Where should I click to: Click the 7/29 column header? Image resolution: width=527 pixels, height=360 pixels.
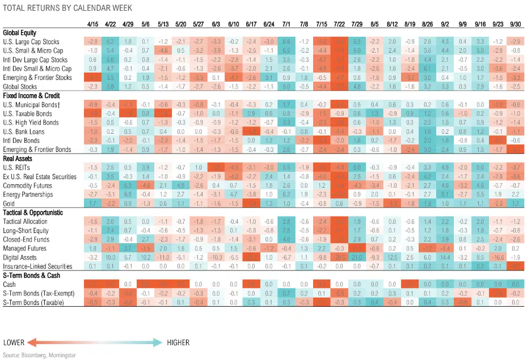pyautogui.click(x=357, y=24)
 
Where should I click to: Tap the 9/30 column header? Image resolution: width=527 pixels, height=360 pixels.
pyautogui.click(x=515, y=24)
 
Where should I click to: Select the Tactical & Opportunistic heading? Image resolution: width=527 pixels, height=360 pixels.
pyautogui.click(x=32, y=213)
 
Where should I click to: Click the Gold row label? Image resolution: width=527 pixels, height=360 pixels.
pyautogui.click(x=9, y=203)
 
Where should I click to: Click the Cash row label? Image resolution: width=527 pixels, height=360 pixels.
pyautogui.click(x=9, y=285)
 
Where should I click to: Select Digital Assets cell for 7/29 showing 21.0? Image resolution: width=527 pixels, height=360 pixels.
pyautogui.click(x=357, y=257)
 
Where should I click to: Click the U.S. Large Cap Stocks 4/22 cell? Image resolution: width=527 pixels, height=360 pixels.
pyautogui.click(x=111, y=42)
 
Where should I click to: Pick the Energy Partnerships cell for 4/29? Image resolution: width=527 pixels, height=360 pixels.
pyautogui.click(x=129, y=194)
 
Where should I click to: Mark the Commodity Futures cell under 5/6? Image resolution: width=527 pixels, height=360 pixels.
pyautogui.click(x=146, y=185)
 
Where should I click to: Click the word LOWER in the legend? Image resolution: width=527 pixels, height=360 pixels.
pyautogui.click(x=14, y=342)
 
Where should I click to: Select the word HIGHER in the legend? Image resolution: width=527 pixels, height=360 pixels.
pyautogui.click(x=178, y=342)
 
